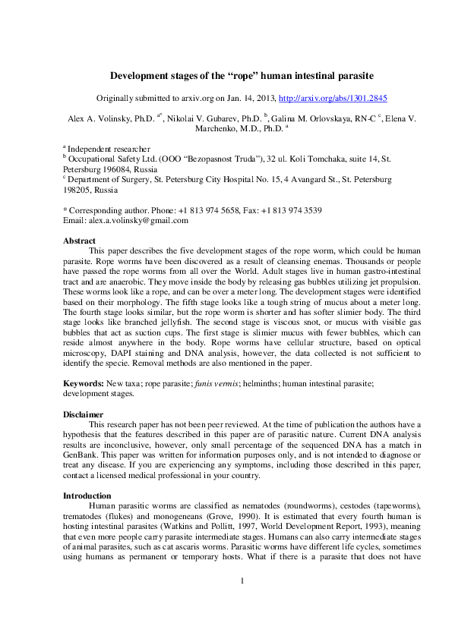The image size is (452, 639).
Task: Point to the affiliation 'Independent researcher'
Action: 108,150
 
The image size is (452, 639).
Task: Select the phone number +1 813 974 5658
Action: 185,210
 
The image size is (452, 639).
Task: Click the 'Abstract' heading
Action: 79,240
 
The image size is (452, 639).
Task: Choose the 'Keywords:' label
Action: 84,384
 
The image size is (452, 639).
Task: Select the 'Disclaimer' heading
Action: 84,414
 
